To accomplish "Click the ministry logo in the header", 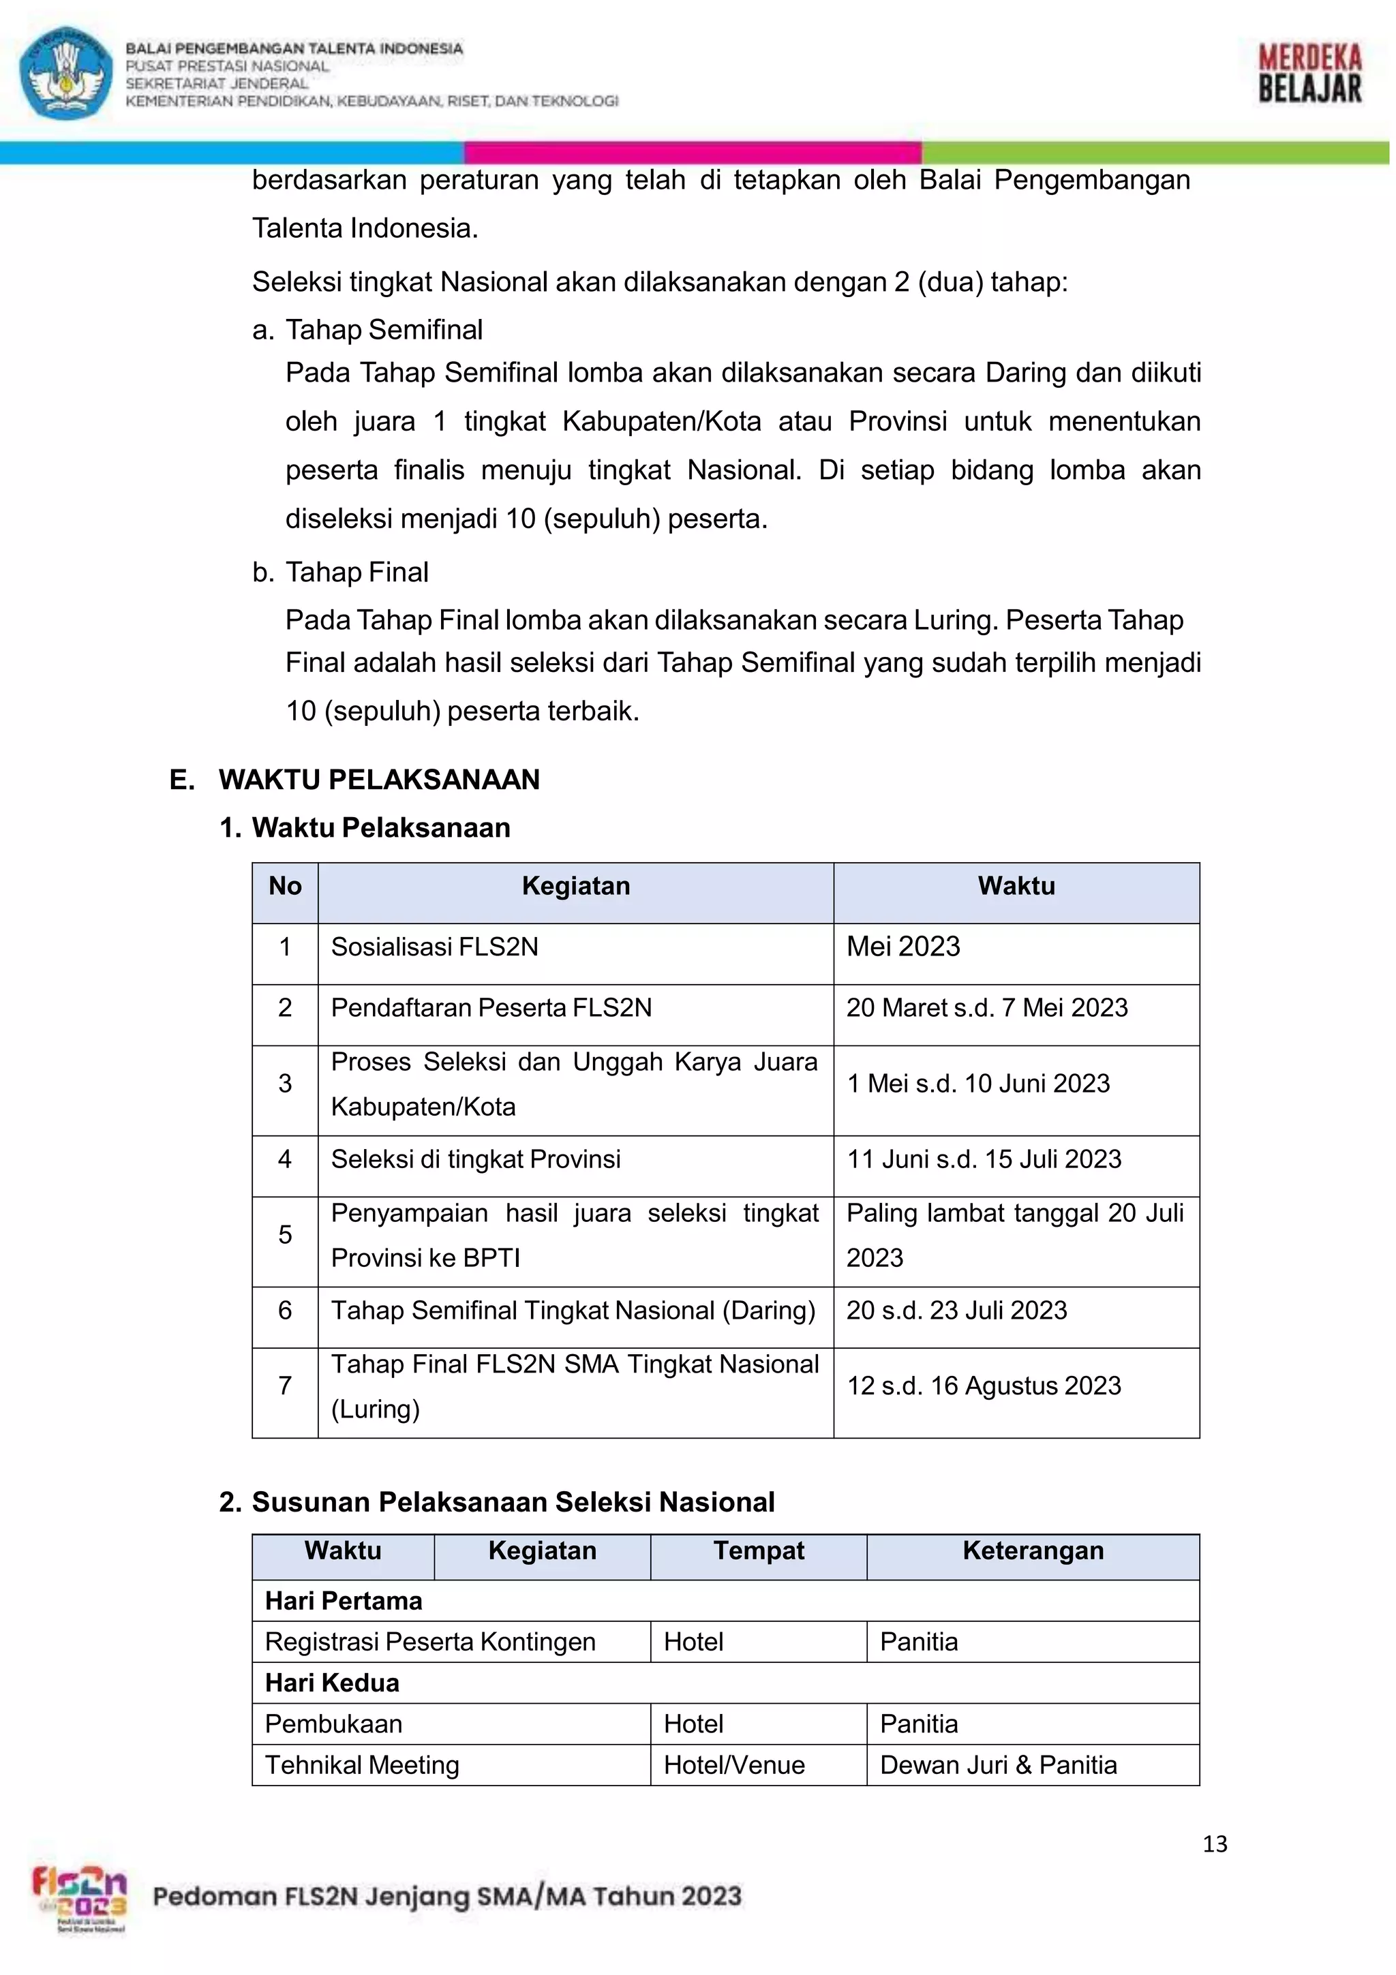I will [x=66, y=73].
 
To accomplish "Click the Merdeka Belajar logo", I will [x=1309, y=74].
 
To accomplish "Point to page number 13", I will [x=1215, y=1843].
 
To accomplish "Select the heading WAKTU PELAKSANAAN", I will [x=378, y=780].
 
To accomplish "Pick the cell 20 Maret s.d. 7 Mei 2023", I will [x=986, y=1007].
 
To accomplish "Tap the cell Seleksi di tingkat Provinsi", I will [x=476, y=1159].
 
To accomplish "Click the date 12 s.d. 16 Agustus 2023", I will [x=984, y=1385].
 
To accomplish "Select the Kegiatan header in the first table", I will [x=575, y=886].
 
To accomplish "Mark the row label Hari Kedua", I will [x=332, y=1683].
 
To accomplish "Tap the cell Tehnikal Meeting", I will [x=362, y=1765].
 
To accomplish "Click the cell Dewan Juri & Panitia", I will [x=998, y=1765].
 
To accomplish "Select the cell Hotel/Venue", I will [x=733, y=1765].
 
